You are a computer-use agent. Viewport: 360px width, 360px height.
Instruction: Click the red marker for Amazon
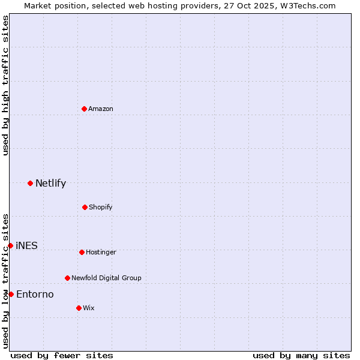pyautogui.click(x=84, y=109)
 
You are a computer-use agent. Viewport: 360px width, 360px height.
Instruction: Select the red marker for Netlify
pyautogui.click(x=30, y=183)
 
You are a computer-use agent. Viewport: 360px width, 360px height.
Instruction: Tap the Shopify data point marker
pyautogui.click(x=85, y=207)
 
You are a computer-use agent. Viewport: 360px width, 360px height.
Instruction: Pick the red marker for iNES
pyautogui.click(x=10, y=245)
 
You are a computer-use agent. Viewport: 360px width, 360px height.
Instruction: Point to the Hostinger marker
pyautogui.click(x=82, y=252)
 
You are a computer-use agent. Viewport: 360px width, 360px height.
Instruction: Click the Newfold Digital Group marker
pyautogui.click(x=67, y=278)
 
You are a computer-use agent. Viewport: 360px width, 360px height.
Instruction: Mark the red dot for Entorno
pyautogui.click(x=11, y=294)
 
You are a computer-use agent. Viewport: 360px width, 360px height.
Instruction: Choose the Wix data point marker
pyautogui.click(x=79, y=308)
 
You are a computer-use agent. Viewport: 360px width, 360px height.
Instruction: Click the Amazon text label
pyautogui.click(x=101, y=109)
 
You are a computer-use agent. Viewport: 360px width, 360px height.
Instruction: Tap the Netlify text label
pyautogui.click(x=50, y=183)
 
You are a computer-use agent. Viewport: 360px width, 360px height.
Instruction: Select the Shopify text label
pyautogui.click(x=101, y=207)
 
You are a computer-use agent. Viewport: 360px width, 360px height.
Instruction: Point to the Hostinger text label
pyautogui.click(x=101, y=252)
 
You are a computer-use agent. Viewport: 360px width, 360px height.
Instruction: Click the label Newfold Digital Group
pyautogui.click(x=106, y=278)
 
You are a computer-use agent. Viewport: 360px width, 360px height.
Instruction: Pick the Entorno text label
pyautogui.click(x=35, y=294)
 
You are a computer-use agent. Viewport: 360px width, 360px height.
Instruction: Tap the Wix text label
pyautogui.click(x=89, y=308)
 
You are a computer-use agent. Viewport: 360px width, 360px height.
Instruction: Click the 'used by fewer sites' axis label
pyautogui.click(x=62, y=355)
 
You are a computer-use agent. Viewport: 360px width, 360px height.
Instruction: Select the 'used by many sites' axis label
pyautogui.click(x=301, y=355)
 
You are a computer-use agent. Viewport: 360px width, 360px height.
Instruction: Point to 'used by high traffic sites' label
pyautogui.click(x=5, y=85)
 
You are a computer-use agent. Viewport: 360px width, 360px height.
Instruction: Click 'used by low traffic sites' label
pyautogui.click(x=5, y=281)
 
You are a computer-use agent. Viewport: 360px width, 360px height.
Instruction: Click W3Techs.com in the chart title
pyautogui.click(x=305, y=5)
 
